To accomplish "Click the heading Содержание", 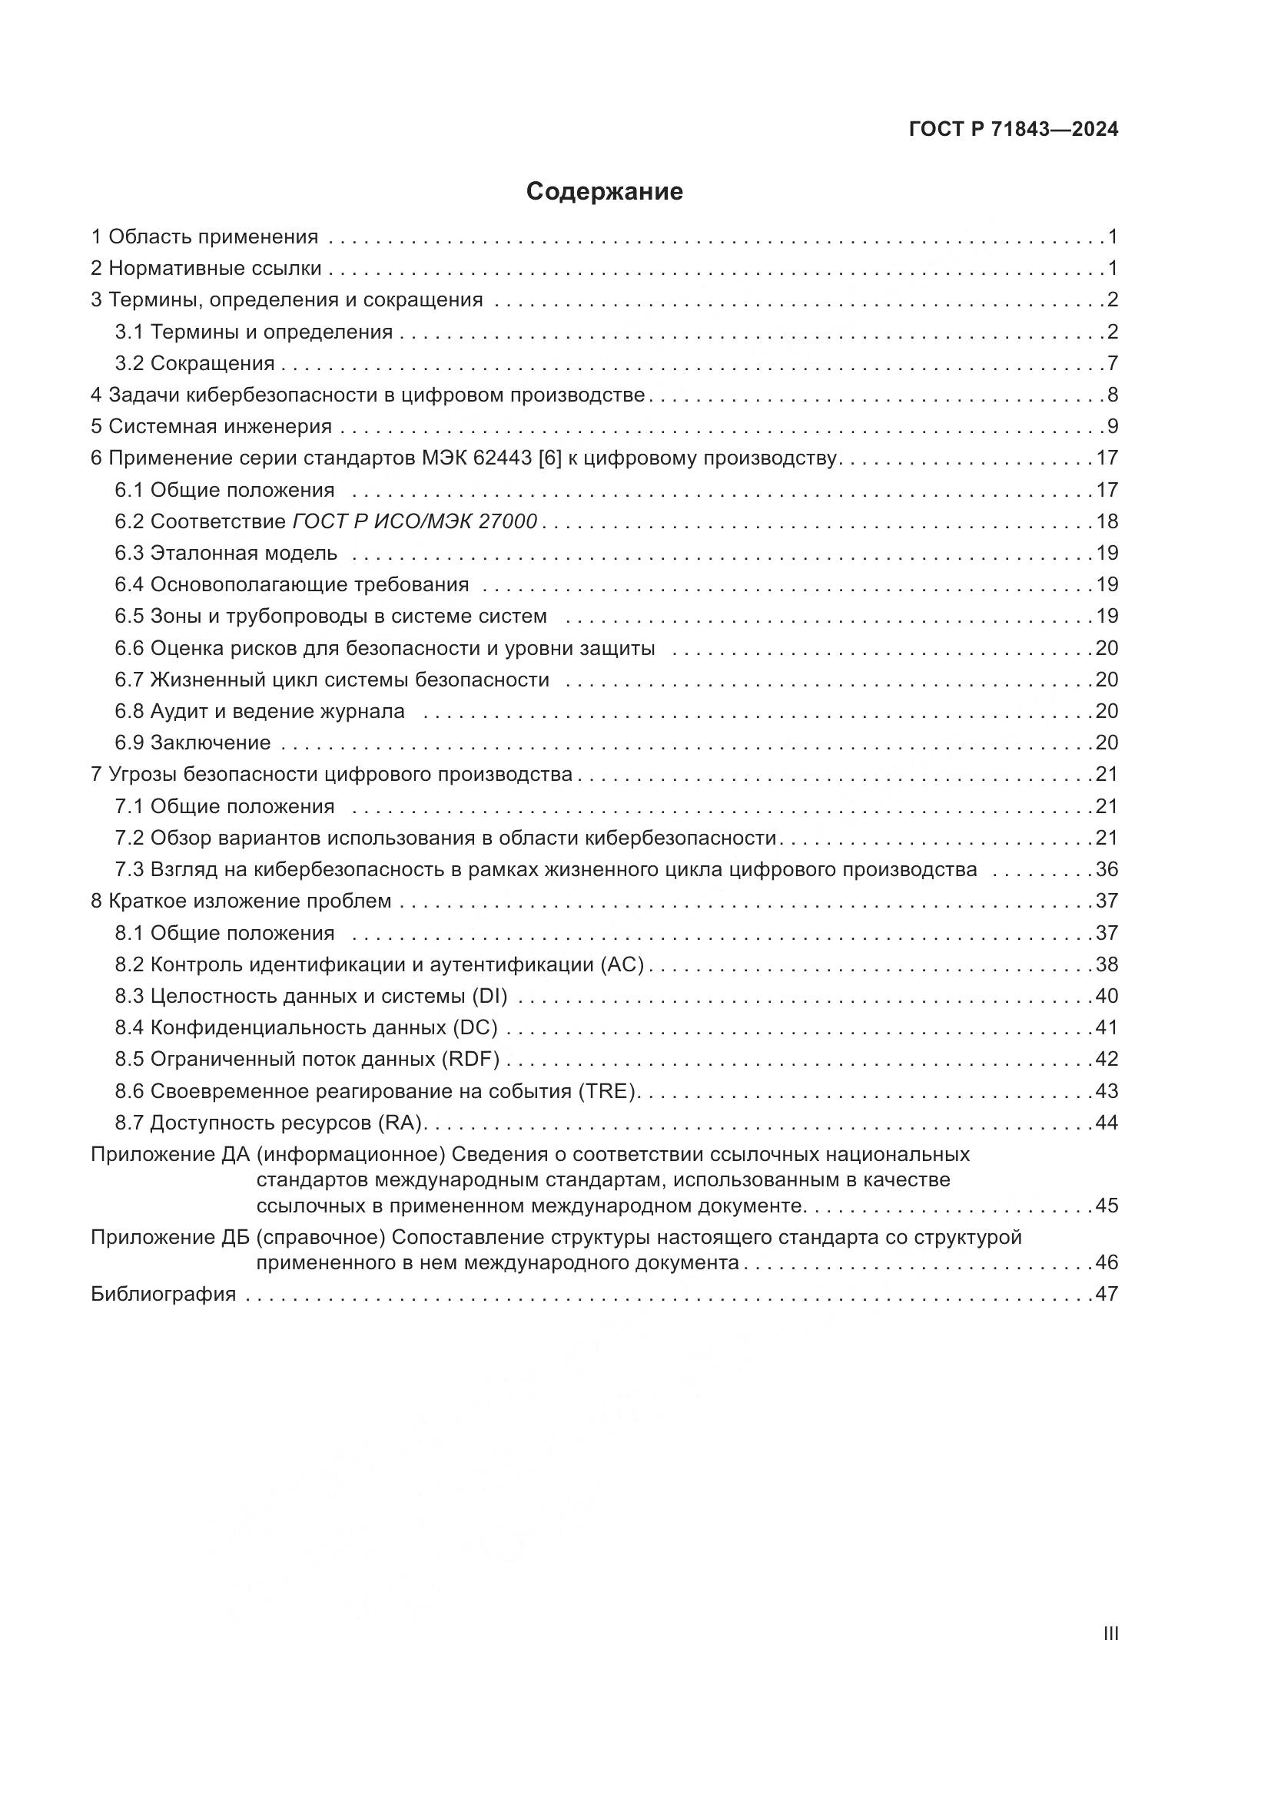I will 604,192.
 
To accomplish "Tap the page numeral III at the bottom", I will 1110,1634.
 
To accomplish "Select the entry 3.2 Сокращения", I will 195,364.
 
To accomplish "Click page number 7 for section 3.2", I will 1112,364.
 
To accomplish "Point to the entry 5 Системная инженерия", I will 211,427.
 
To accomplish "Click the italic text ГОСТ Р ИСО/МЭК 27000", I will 415,521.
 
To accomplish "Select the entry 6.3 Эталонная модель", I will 226,554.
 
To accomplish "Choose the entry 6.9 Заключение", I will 193,743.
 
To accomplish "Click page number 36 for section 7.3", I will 1107,870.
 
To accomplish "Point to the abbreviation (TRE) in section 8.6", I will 609,1091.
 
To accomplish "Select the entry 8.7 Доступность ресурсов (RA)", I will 269,1123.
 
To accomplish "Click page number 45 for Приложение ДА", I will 1107,1206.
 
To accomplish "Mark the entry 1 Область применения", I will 204,237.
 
